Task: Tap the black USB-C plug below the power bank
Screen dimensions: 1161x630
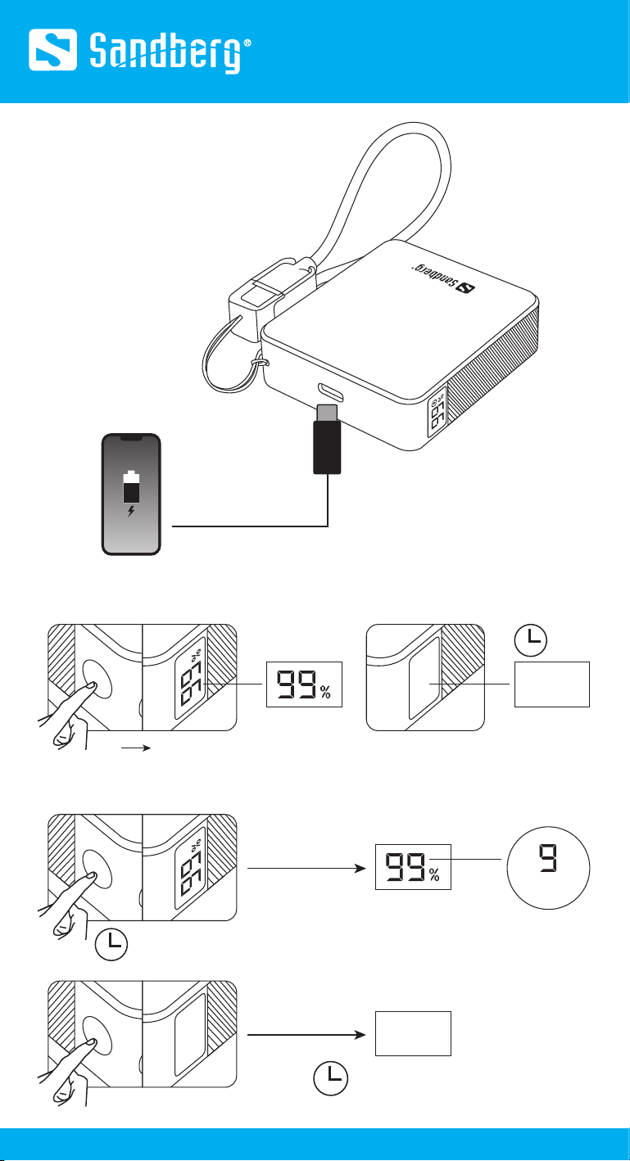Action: (x=327, y=440)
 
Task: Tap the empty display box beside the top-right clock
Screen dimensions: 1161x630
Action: (x=551, y=685)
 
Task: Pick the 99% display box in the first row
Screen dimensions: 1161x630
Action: (x=302, y=684)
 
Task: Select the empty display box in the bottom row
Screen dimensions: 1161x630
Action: (x=413, y=1033)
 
